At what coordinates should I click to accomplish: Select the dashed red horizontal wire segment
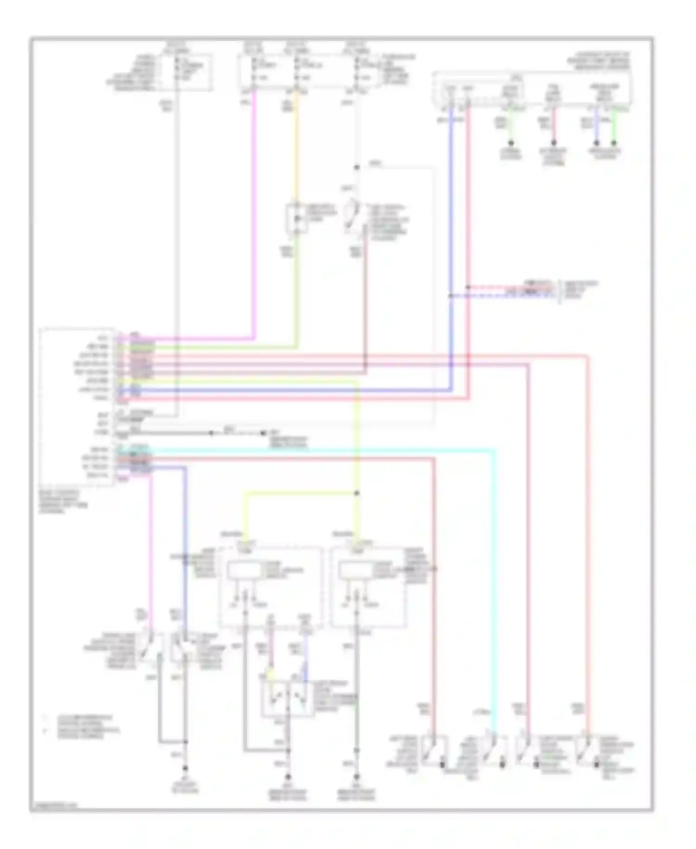pos(510,287)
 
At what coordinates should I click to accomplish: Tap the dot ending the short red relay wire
pos(553,143)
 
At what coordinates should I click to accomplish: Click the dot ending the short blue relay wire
pos(596,143)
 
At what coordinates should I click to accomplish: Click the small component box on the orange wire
pos(296,218)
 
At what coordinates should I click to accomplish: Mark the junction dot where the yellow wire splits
pos(357,493)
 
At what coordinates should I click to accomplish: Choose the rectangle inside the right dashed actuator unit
pos(356,570)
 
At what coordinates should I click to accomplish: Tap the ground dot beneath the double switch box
pos(287,777)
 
